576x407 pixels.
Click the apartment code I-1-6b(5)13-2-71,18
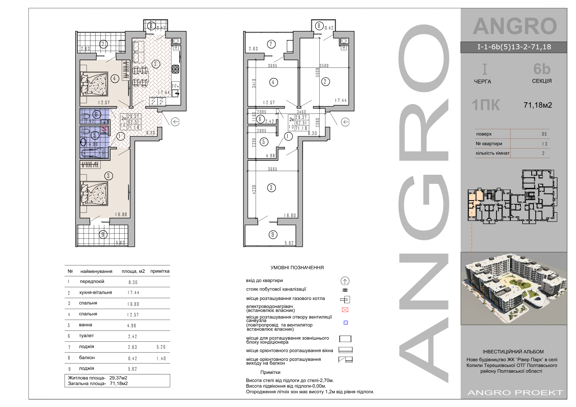(514, 47)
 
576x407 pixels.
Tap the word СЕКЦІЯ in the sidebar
(542, 81)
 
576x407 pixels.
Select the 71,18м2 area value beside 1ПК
(538, 105)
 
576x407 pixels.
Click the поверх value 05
(544, 134)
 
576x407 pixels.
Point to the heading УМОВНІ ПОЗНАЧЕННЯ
(297, 268)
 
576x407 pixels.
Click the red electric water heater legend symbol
(345, 310)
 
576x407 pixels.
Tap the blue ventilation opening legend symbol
(346, 322)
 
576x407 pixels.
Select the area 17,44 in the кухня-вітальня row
(133, 293)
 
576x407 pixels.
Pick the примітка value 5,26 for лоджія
(161, 347)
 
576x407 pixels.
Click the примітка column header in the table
(160, 271)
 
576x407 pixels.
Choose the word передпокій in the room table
(92, 281)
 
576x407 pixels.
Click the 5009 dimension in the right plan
(317, 73)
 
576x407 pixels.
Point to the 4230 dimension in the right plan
(254, 189)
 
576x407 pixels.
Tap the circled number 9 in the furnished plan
(103, 234)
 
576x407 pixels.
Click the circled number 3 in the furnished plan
(108, 176)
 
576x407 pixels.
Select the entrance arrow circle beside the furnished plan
(175, 122)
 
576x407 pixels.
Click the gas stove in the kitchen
(175, 69)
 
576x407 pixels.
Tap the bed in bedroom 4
(94, 84)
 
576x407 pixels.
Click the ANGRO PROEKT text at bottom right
(515, 392)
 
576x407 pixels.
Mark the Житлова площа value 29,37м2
(118, 378)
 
